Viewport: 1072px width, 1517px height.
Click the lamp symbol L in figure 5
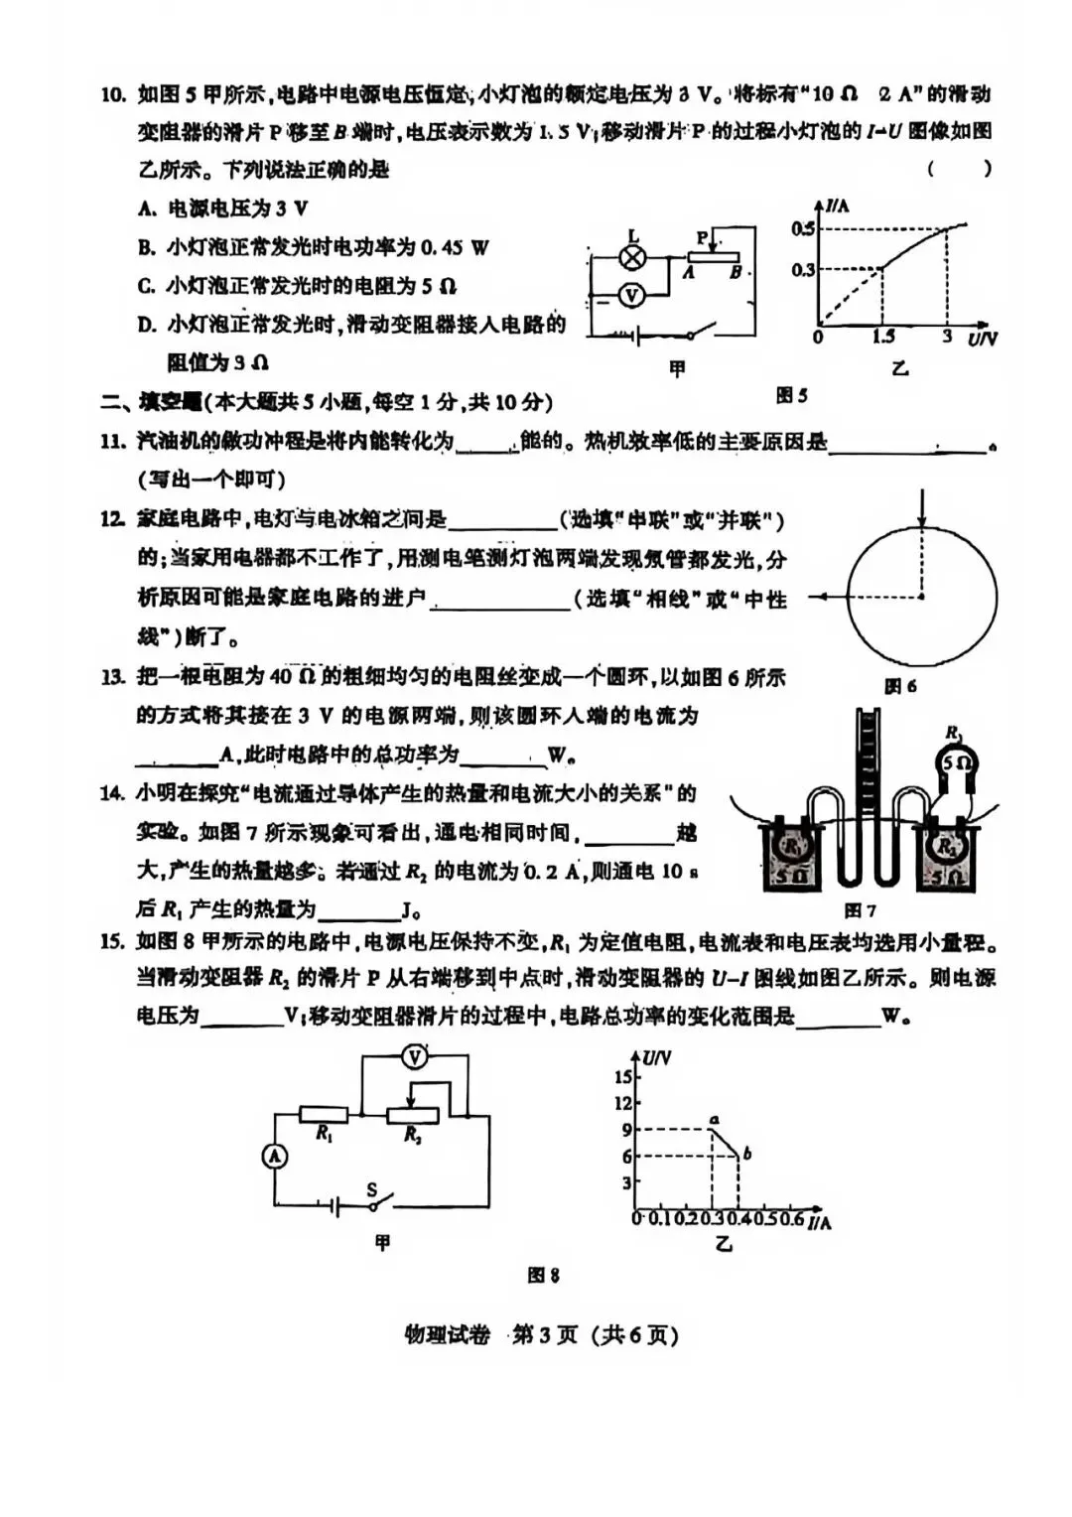[x=632, y=257]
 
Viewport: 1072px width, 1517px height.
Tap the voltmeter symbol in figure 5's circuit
[x=631, y=295]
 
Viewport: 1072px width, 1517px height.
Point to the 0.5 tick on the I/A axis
[x=802, y=229]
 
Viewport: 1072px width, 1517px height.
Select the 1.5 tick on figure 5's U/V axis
[x=883, y=338]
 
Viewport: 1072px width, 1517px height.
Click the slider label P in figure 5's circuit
[x=702, y=238]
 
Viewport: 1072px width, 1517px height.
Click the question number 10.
[x=113, y=95]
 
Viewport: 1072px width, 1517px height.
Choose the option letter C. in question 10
[x=147, y=287]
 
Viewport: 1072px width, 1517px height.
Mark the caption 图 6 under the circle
[x=899, y=686]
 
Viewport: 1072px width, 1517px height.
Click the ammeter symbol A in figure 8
[x=274, y=1157]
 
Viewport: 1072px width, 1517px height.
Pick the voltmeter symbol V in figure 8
[x=414, y=1057]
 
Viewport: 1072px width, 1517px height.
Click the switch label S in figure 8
[x=371, y=1189]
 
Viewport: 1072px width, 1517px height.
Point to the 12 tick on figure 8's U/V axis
[x=622, y=1103]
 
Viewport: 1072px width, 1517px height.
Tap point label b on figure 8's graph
[x=746, y=1154]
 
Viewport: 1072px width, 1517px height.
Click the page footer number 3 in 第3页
[x=544, y=1335]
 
